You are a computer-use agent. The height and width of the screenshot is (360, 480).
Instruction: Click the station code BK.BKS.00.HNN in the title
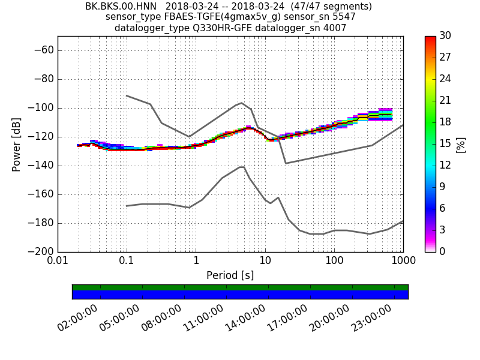[120, 7]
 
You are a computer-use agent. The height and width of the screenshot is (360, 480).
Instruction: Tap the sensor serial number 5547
[344, 17]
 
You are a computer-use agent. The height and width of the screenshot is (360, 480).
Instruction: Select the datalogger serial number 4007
[334, 28]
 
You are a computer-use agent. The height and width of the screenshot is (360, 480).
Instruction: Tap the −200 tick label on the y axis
[42, 251]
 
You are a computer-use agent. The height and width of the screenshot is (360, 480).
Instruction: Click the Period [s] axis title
[230, 275]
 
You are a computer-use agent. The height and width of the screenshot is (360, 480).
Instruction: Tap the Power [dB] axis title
[17, 144]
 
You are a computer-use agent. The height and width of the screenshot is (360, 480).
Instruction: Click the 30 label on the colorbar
[445, 36]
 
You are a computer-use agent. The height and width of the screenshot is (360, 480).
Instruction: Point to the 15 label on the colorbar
[445, 144]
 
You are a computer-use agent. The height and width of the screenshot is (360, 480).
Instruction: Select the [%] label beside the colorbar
[461, 144]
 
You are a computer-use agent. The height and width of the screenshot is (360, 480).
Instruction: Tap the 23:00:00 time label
[372, 319]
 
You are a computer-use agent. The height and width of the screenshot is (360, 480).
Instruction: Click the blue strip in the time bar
[240, 295]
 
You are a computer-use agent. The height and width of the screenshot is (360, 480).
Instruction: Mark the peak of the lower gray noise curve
[242, 166]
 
